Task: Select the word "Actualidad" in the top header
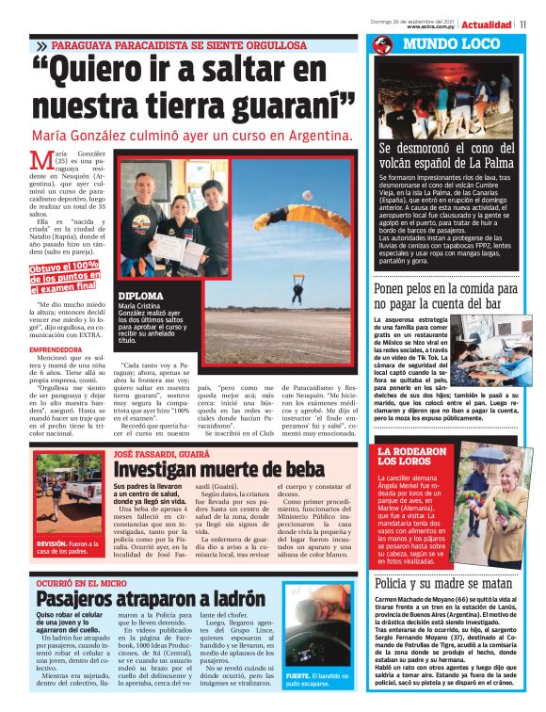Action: (x=487, y=24)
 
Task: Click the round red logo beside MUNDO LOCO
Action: (x=381, y=45)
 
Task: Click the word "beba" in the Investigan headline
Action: (x=298, y=468)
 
